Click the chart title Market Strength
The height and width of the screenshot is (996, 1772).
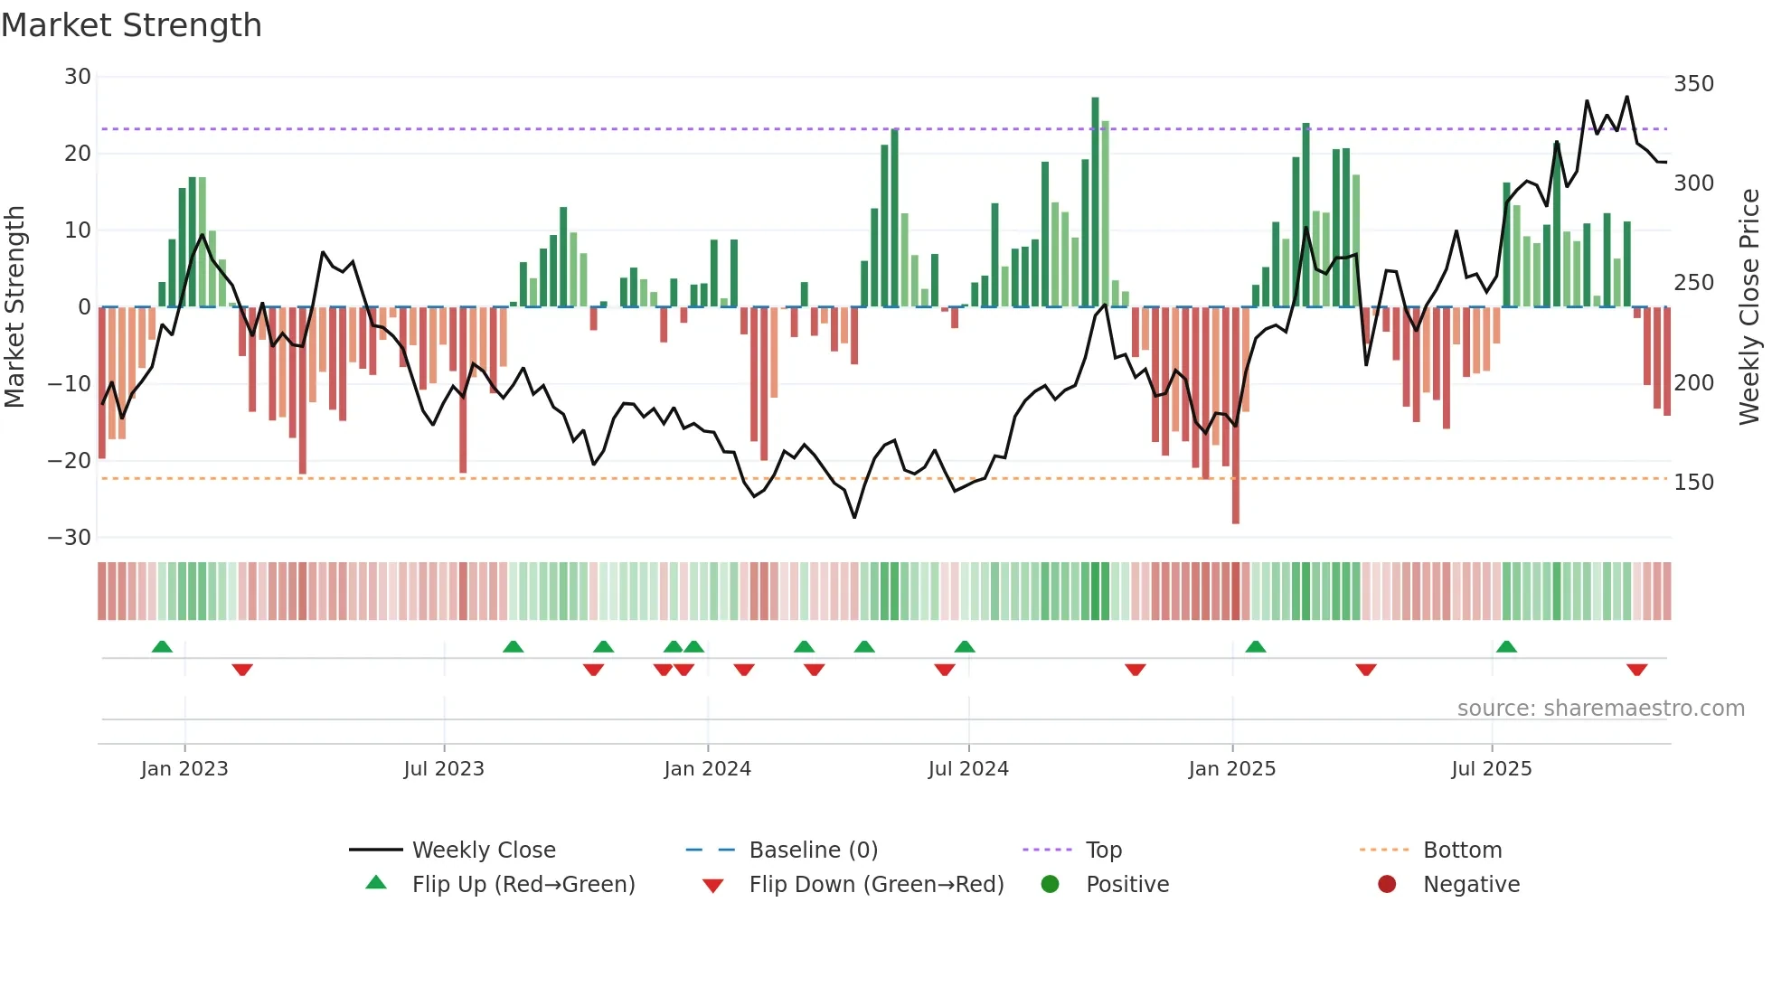131,25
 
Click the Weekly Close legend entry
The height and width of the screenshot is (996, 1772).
483,850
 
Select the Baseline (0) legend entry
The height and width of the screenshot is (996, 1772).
813,850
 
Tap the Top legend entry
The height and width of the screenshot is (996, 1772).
1103,850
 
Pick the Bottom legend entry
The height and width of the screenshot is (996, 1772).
1462,850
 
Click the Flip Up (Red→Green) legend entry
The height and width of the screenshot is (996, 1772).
523,884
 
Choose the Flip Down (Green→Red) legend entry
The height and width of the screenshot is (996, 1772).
876,884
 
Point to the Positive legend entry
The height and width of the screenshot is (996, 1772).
1126,884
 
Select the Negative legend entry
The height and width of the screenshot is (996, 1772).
1471,884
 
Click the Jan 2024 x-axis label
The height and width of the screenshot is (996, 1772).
707,769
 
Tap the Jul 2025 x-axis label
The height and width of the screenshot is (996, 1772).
1491,769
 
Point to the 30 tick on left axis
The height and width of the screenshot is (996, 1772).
78,77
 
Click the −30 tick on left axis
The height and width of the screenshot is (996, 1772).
70,538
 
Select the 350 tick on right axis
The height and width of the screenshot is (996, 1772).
1693,84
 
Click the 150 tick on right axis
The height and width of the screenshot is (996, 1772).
1693,483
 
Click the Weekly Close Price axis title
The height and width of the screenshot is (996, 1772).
1749,307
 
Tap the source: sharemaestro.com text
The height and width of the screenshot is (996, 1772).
1600,709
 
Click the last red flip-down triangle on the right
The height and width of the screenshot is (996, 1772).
1636,670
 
